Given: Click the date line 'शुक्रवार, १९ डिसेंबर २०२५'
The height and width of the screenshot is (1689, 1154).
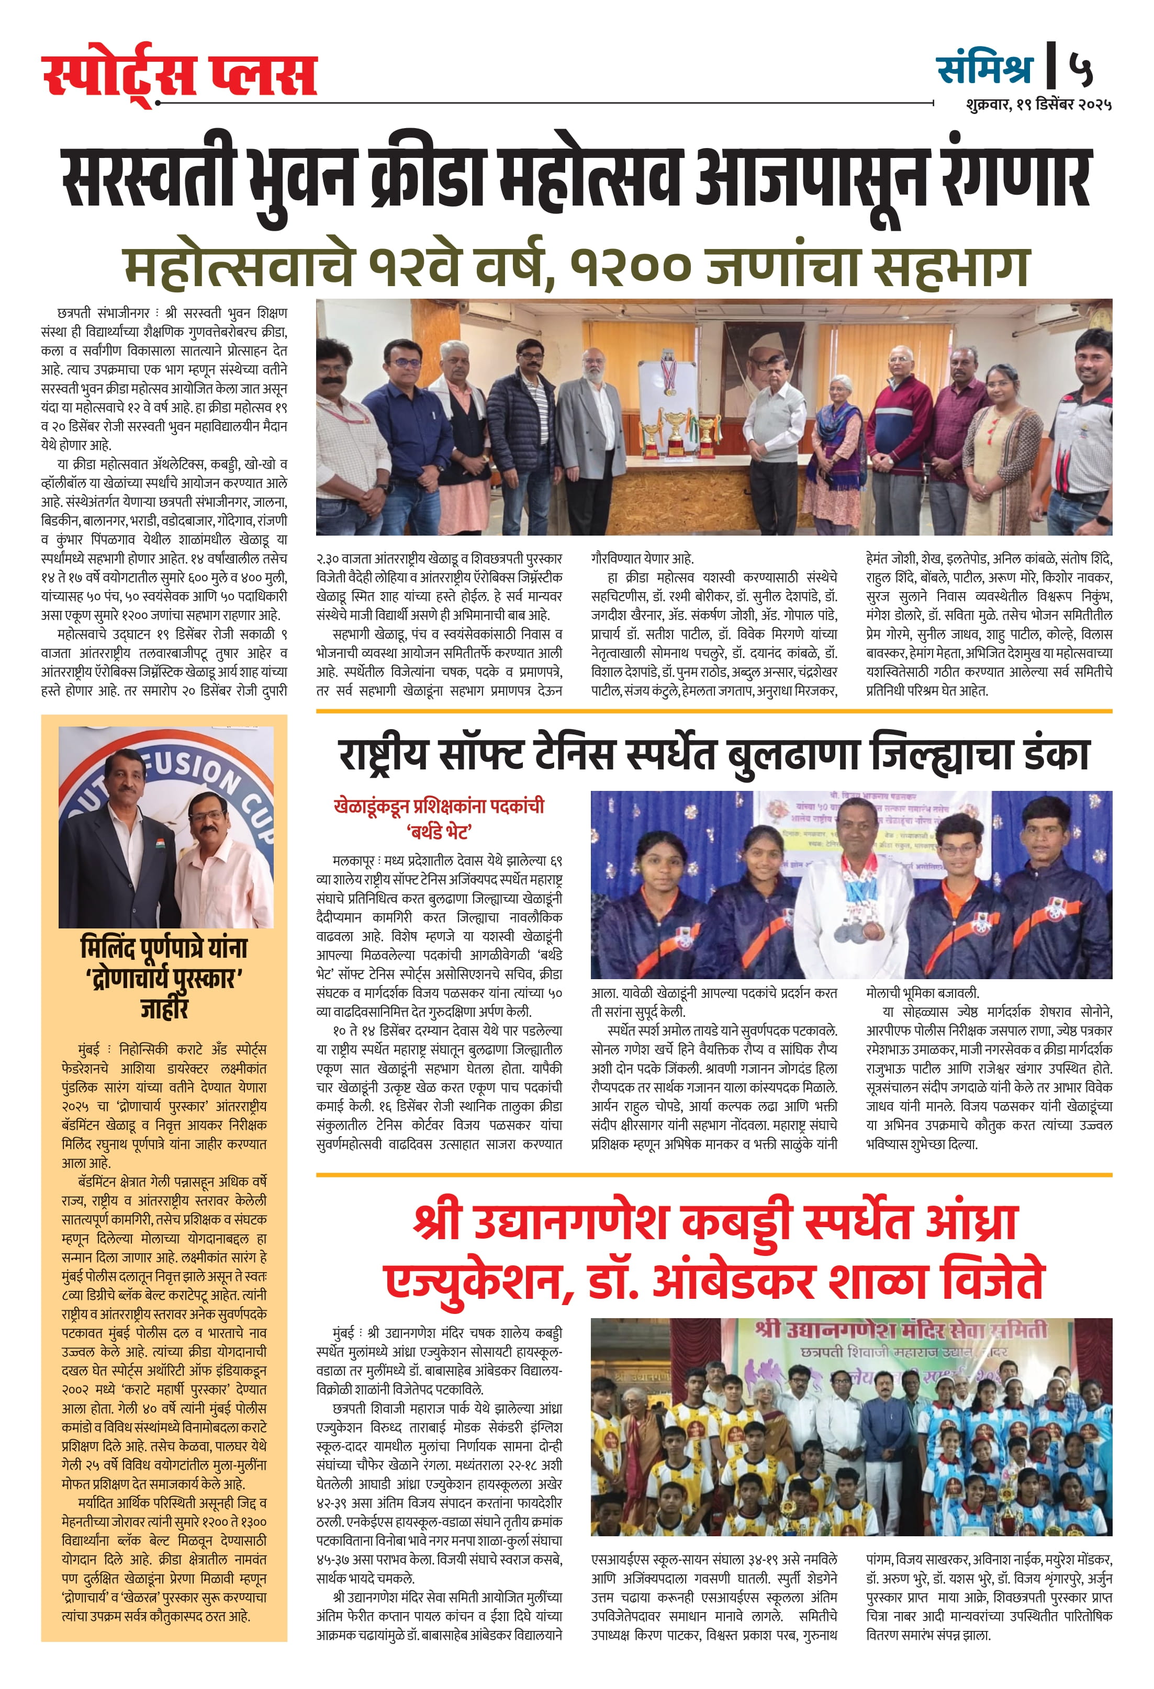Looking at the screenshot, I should [x=1038, y=105].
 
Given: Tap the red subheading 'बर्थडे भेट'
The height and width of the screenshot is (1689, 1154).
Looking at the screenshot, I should [x=439, y=830].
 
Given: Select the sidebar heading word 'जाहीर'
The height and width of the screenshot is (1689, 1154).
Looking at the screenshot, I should [x=164, y=1010].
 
